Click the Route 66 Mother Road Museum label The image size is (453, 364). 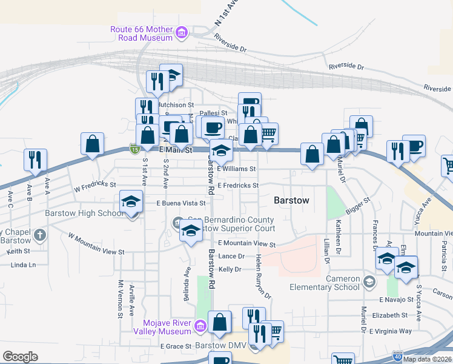142,33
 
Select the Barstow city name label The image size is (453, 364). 291,200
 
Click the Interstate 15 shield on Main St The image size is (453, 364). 133,148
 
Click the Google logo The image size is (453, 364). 20,357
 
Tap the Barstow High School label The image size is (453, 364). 85,213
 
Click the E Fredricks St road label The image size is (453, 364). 237,185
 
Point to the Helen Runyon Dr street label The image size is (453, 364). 262,275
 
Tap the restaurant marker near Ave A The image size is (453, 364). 35,160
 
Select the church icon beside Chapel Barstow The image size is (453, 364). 40,234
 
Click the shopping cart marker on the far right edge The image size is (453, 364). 448,165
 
